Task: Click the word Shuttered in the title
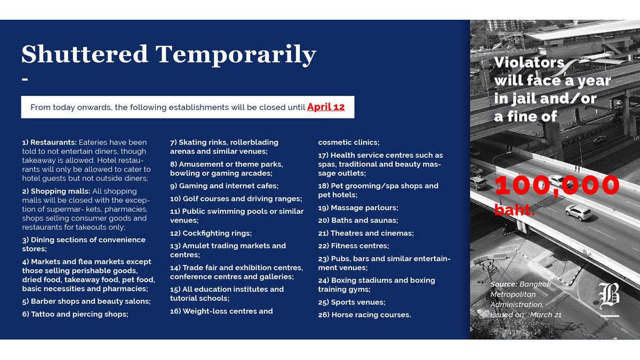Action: click(85, 54)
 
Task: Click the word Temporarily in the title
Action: click(236, 55)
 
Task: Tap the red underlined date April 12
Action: click(326, 107)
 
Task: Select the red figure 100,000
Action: click(557, 186)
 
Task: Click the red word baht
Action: click(514, 210)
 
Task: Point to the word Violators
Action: click(529, 62)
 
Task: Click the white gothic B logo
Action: click(609, 295)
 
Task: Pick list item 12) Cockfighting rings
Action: click(211, 233)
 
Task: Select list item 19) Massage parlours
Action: click(358, 207)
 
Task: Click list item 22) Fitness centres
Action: click(354, 246)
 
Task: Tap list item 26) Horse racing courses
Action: click(365, 315)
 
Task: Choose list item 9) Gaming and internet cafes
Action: click(225, 186)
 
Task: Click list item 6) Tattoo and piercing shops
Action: click(75, 314)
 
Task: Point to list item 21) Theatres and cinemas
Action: click(366, 233)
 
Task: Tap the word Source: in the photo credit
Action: click(503, 284)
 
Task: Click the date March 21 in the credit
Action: click(546, 315)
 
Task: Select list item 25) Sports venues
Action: click(351, 302)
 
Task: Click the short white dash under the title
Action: click(25, 79)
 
